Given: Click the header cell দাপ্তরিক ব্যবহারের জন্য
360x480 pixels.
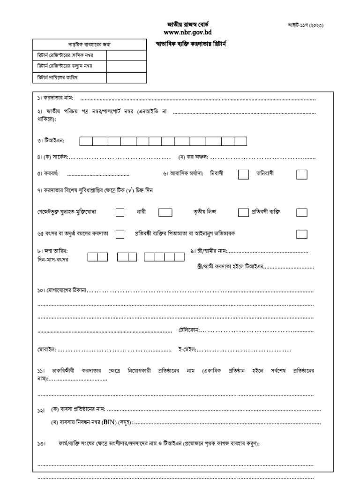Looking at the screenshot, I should [x=90, y=45].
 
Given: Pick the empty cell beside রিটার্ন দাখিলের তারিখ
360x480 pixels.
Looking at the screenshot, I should [x=127, y=78].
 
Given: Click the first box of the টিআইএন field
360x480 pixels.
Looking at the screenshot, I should [x=86, y=141].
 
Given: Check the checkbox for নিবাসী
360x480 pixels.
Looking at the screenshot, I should [x=243, y=174].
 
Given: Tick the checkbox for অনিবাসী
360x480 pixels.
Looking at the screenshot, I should [x=302, y=174].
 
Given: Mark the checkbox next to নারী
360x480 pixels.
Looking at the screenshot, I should [x=165, y=212].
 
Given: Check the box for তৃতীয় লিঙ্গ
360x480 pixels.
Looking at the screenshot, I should [x=243, y=212].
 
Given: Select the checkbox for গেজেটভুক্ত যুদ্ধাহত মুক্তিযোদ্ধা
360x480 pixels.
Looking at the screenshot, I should [x=120, y=212].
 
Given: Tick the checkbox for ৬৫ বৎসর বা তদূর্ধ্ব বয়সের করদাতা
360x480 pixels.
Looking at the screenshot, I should [x=120, y=233].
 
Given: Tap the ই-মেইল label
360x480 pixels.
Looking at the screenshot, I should [x=187, y=350].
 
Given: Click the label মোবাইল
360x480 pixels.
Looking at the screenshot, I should [x=46, y=350].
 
